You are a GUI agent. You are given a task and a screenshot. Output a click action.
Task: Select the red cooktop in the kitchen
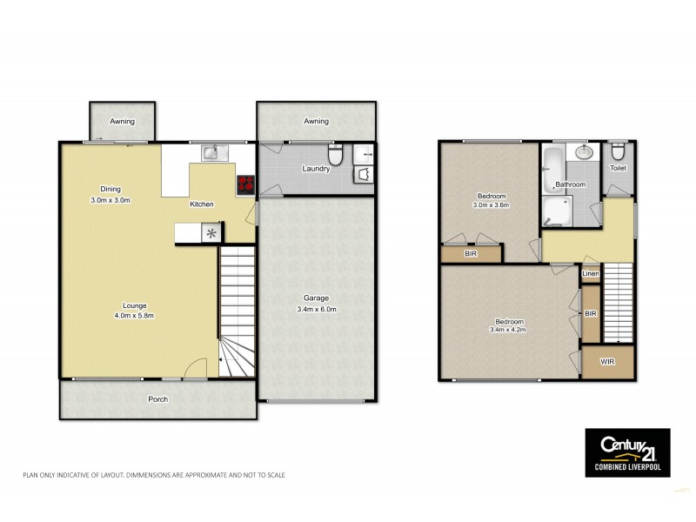(x=244, y=184)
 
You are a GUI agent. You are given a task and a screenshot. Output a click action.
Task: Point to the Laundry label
(x=315, y=169)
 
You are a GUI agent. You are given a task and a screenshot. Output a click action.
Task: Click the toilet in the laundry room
(x=342, y=154)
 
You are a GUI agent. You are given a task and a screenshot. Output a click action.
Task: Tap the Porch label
(x=157, y=399)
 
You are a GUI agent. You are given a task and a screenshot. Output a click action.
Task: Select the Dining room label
(x=110, y=189)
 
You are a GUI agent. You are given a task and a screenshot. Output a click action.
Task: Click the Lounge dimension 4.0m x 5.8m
(x=135, y=316)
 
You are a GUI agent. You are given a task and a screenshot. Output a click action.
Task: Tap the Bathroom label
(x=571, y=184)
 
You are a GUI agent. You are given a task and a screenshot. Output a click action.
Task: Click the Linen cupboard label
(x=591, y=275)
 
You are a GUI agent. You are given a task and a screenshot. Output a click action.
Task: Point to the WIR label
(x=607, y=361)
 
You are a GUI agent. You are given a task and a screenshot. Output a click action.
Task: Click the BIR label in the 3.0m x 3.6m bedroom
(x=471, y=254)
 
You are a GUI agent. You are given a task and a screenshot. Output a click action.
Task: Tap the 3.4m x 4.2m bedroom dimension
(x=508, y=330)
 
